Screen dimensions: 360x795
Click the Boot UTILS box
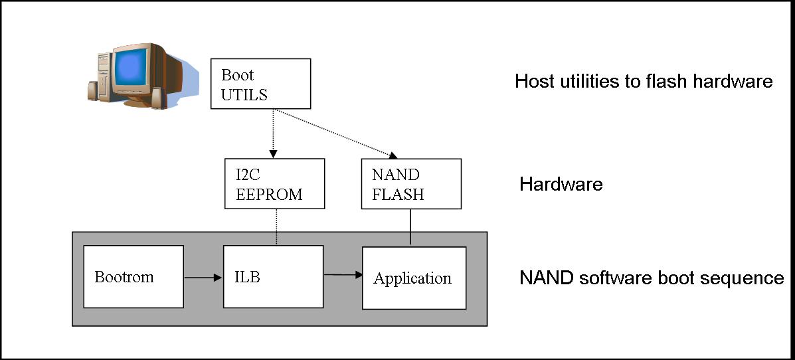pyautogui.click(x=260, y=84)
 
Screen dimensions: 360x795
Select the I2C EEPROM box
pyautogui.click(x=274, y=183)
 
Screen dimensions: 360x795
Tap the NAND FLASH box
pyautogui.click(x=410, y=184)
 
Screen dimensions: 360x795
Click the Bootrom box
pyautogui.click(x=133, y=277)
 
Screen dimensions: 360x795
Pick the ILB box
pyautogui.click(x=273, y=277)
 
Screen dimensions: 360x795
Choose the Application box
pyautogui.click(x=413, y=278)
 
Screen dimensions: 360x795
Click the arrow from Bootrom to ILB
pyautogui.click(x=203, y=278)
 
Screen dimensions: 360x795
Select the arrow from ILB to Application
pyautogui.click(x=342, y=274)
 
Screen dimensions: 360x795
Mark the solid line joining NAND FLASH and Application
pyautogui.click(x=410, y=228)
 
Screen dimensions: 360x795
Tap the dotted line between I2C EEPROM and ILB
pyautogui.click(x=275, y=226)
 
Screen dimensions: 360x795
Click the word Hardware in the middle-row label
pyautogui.click(x=561, y=184)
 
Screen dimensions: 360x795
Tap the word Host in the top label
pyautogui.click(x=533, y=82)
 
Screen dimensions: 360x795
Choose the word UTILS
pyautogui.click(x=244, y=94)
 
